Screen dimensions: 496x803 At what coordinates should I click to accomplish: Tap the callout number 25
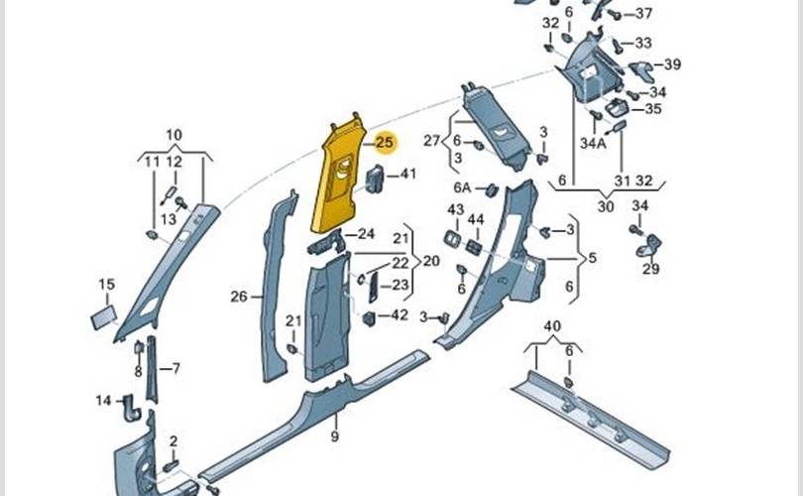pyautogui.click(x=385, y=143)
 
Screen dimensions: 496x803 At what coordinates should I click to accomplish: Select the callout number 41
pyautogui.click(x=408, y=174)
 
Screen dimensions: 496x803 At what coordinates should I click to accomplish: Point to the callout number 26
pyautogui.click(x=239, y=296)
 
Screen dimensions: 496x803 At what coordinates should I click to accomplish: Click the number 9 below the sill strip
pyautogui.click(x=335, y=436)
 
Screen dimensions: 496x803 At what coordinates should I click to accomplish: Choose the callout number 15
pyautogui.click(x=107, y=285)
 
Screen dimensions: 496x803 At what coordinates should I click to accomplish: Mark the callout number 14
pyautogui.click(x=103, y=401)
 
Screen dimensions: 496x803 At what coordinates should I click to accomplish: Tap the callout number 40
pyautogui.click(x=552, y=326)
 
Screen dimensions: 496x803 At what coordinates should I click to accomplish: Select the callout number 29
pyautogui.click(x=650, y=269)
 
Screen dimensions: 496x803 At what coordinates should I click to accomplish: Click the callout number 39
pyautogui.click(x=672, y=64)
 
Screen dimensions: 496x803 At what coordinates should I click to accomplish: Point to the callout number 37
pyautogui.click(x=644, y=14)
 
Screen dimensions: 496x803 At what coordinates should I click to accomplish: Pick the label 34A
pyautogui.click(x=593, y=143)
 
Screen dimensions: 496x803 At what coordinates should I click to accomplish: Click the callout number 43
pyautogui.click(x=455, y=209)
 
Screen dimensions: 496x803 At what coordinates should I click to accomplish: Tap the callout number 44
pyautogui.click(x=476, y=218)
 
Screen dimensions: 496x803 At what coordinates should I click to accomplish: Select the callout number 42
pyautogui.click(x=400, y=315)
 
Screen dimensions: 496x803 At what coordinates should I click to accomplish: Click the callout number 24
pyautogui.click(x=366, y=235)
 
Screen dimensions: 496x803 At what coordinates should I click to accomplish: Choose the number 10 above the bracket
pyautogui.click(x=173, y=135)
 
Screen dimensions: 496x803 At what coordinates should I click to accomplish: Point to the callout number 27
pyautogui.click(x=431, y=141)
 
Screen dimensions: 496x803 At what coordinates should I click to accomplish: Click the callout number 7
pyautogui.click(x=175, y=369)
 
